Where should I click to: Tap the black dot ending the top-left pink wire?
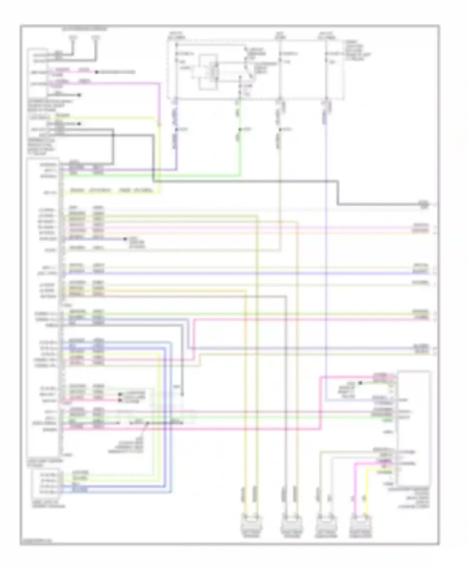point(96,72)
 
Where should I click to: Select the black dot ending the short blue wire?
point(125,239)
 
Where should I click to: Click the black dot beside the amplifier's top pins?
point(360,383)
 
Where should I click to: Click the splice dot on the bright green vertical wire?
point(240,129)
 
